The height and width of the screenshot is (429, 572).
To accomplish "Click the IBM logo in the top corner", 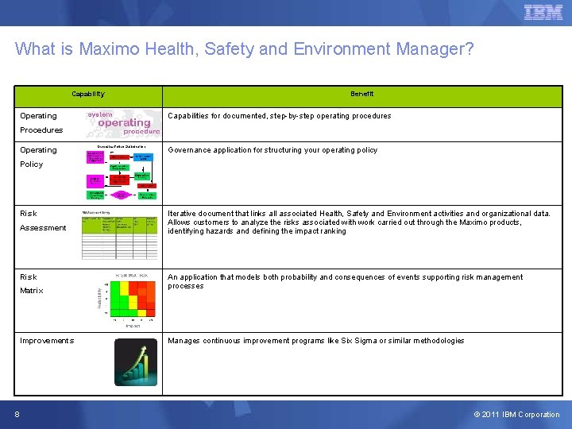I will point(543,13).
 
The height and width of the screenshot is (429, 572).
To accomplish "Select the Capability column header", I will point(87,94).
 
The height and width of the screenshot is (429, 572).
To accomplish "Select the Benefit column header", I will point(362,94).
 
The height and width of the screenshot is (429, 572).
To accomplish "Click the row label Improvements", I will point(47,341).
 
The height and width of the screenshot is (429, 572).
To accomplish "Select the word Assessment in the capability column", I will point(43,228).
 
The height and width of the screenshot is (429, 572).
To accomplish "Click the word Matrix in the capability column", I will point(32,291).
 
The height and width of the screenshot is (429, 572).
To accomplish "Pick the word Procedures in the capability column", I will point(41,130).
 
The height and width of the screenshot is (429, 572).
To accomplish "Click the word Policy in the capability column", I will point(32,164).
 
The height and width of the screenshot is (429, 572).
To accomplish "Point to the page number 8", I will point(17,414).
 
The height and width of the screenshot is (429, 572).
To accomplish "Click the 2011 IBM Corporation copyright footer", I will point(516,415).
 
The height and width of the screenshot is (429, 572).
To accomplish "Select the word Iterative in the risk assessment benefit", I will point(184,214).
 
